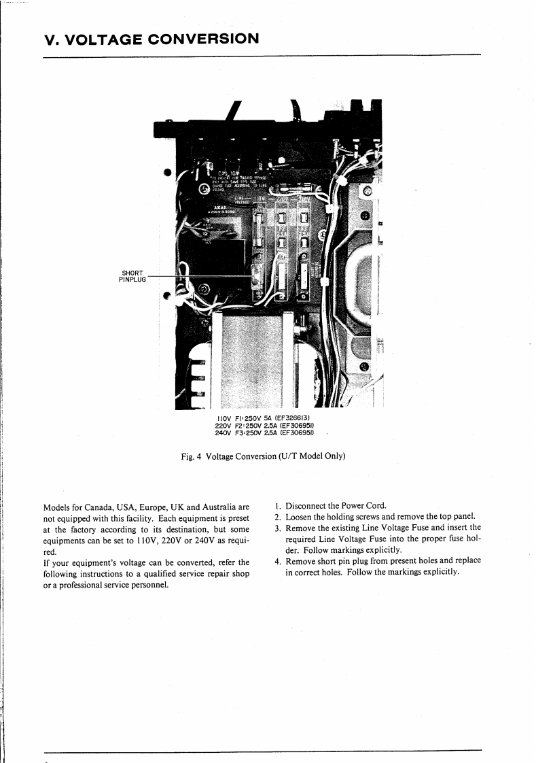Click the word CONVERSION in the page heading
(x=198, y=38)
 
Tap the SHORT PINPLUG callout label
(x=132, y=276)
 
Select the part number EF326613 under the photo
(x=292, y=418)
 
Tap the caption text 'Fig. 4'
(x=190, y=456)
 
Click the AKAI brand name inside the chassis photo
(x=219, y=207)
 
